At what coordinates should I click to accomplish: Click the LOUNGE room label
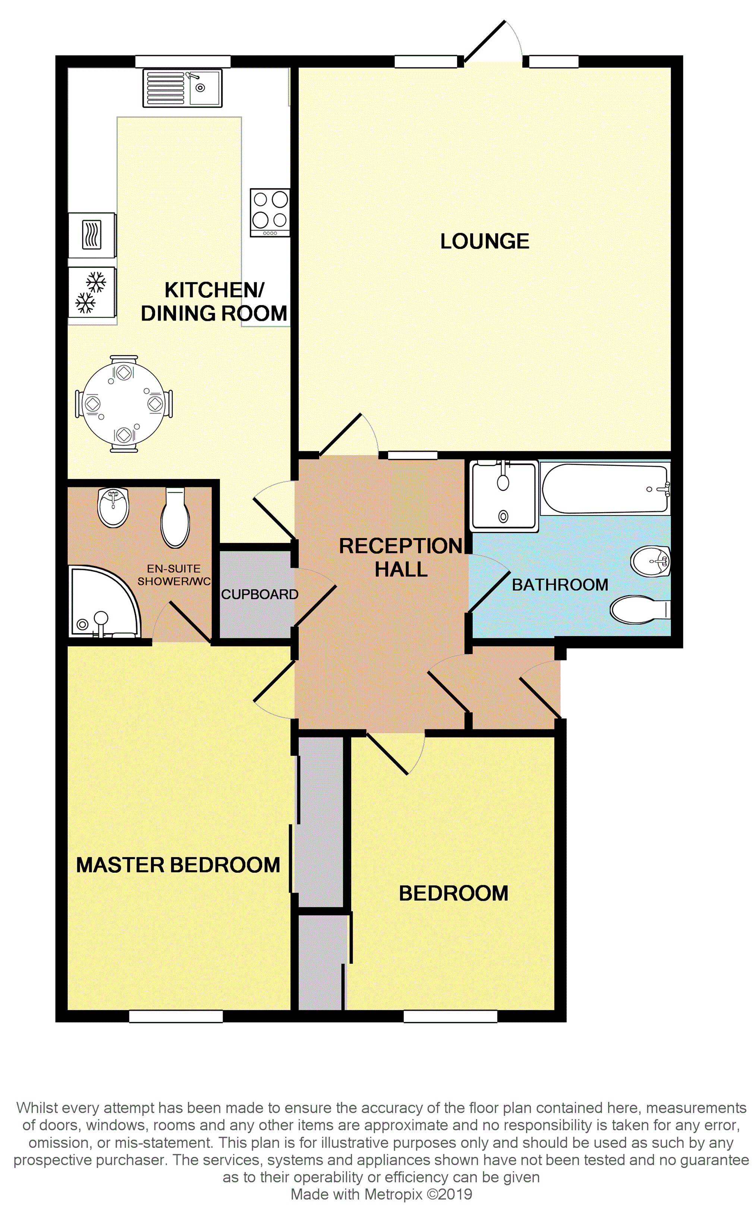(484, 241)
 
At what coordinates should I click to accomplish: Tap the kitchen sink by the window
(182, 88)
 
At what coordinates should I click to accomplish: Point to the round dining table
(123, 404)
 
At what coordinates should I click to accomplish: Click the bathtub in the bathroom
(605, 489)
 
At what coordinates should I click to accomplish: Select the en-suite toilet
(175, 518)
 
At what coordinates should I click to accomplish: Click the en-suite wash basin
(113, 507)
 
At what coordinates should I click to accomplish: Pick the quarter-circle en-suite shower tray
(104, 602)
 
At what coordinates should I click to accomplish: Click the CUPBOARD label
(259, 594)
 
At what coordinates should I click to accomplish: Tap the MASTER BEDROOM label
(178, 865)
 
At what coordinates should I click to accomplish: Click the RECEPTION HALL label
(401, 558)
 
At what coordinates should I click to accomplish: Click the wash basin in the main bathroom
(651, 561)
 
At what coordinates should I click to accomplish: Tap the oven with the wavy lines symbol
(92, 235)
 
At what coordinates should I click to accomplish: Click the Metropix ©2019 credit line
(381, 1194)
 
